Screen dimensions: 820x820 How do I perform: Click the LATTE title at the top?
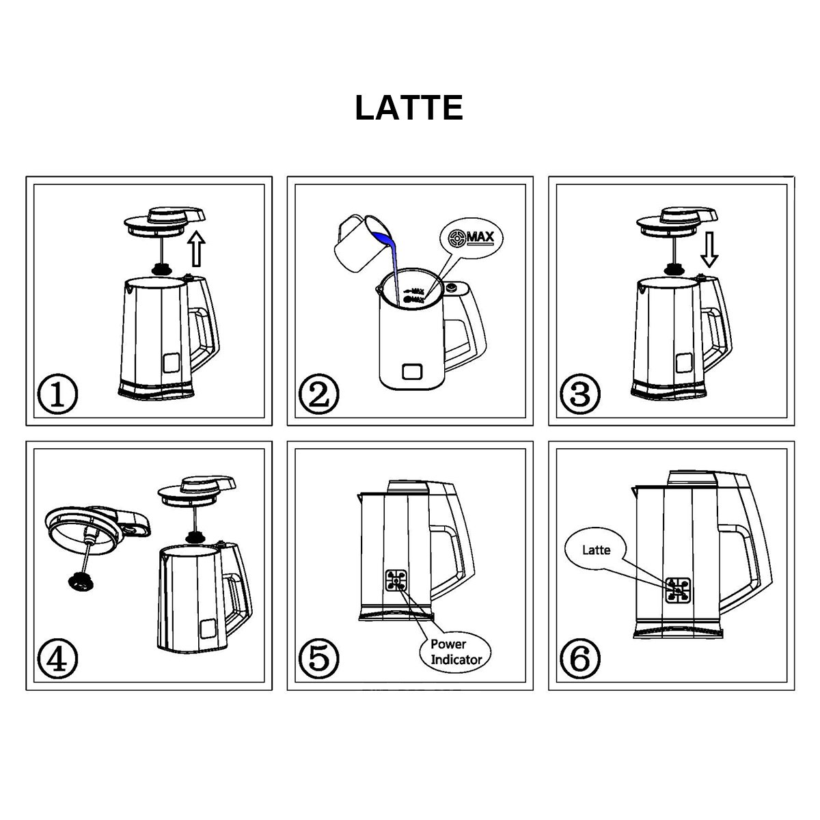point(409,107)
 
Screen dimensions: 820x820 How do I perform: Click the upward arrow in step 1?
point(197,248)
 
